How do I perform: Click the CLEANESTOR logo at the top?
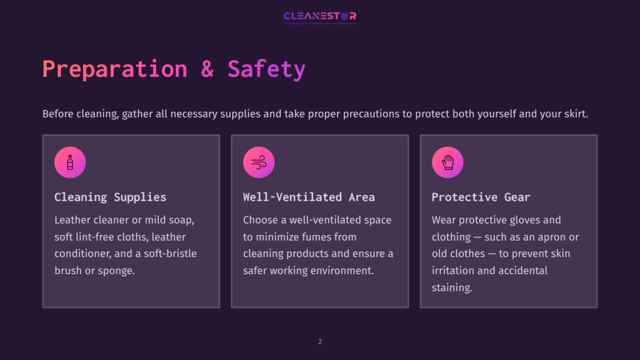click(x=319, y=16)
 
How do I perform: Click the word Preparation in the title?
click(x=114, y=69)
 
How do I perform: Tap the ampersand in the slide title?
click(x=207, y=69)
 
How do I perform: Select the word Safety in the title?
click(x=266, y=69)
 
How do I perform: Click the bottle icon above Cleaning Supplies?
click(x=70, y=162)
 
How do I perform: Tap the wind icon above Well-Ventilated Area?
click(x=259, y=162)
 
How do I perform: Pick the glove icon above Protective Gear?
click(x=447, y=162)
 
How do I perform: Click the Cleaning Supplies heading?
click(x=110, y=197)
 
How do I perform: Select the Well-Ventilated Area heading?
click(x=309, y=197)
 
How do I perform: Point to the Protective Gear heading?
click(x=481, y=197)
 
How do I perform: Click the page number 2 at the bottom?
click(x=320, y=341)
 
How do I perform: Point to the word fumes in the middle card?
click(x=328, y=237)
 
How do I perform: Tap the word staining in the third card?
click(x=452, y=287)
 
